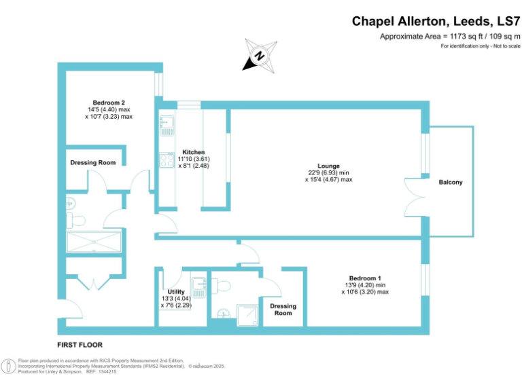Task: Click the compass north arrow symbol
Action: (x=259, y=56)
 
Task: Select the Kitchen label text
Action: (x=193, y=152)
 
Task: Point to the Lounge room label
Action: (x=328, y=166)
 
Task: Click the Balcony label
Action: (x=451, y=182)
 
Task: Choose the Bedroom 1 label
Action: (x=365, y=278)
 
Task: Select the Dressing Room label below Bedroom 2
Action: (x=93, y=163)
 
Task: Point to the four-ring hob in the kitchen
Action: (x=167, y=160)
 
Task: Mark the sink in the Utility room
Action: (x=198, y=286)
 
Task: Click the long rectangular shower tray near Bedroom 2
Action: (x=94, y=242)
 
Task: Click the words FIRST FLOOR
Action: (x=80, y=346)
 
